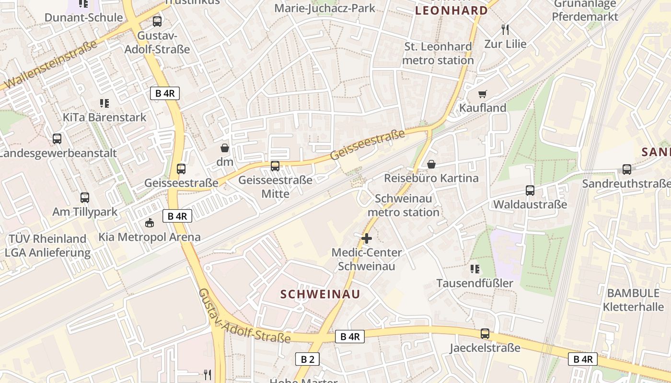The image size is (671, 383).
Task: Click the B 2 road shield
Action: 307,359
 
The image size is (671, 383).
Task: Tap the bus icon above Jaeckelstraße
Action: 485,334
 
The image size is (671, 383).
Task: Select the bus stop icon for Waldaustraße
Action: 530,191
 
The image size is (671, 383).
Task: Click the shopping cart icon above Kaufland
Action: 483,94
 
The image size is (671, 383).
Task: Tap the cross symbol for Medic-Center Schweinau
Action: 367,238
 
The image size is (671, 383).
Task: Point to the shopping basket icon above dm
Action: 224,148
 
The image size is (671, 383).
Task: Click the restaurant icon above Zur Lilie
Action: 505,30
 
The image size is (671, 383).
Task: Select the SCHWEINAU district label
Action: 320,294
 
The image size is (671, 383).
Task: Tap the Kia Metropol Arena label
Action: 150,237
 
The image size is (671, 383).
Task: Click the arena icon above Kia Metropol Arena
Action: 150,223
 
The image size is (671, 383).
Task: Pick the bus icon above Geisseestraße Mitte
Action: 275,166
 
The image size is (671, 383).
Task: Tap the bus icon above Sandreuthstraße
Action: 626,169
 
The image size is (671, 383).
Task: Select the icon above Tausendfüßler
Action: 475,269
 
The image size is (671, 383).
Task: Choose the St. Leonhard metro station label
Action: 438,54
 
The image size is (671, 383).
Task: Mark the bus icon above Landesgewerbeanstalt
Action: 57,139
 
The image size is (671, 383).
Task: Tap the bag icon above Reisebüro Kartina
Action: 431,164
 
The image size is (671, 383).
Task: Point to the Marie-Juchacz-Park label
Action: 325,8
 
